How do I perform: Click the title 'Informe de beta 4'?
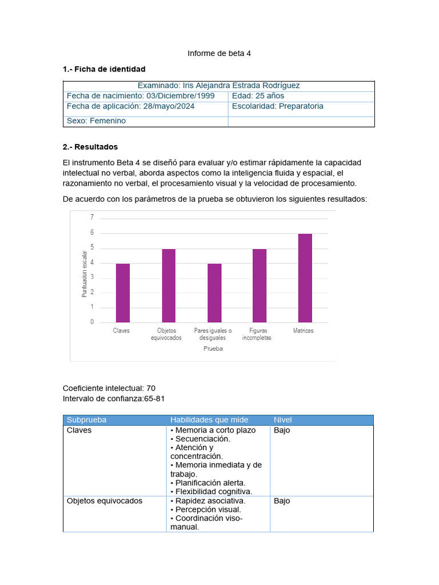pyautogui.click(x=219, y=54)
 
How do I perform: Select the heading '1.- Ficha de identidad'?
pyautogui.click(x=104, y=69)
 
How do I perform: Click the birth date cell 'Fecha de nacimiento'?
pyautogui.click(x=141, y=96)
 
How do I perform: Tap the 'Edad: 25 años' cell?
pyautogui.click(x=258, y=96)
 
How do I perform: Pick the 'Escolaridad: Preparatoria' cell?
pyautogui.click(x=278, y=106)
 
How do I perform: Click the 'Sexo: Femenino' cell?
pyautogui.click(x=96, y=121)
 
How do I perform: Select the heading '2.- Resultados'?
pyautogui.click(x=90, y=147)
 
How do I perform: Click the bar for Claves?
pyautogui.click(x=123, y=293)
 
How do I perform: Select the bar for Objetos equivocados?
pyautogui.click(x=169, y=286)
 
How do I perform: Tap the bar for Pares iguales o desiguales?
pyautogui.click(x=214, y=293)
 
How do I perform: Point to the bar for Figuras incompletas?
pyautogui.click(x=260, y=286)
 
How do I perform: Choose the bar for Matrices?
pyautogui.click(x=305, y=278)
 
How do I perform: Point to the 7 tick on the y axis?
pyautogui.click(x=91, y=218)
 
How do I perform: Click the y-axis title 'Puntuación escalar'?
pyautogui.click(x=85, y=274)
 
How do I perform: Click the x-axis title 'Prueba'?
pyautogui.click(x=213, y=348)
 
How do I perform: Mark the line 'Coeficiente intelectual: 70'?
pyautogui.click(x=109, y=388)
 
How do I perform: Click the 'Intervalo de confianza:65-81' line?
pyautogui.click(x=114, y=398)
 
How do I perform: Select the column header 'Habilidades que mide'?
pyautogui.click(x=209, y=420)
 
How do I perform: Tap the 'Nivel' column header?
pyautogui.click(x=283, y=420)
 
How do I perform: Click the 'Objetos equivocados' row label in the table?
pyautogui.click(x=105, y=501)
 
